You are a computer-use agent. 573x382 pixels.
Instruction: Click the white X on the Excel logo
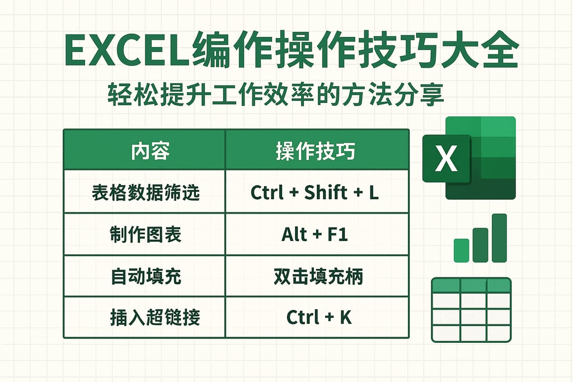click(446, 159)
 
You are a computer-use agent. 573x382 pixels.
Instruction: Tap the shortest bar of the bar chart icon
click(461, 250)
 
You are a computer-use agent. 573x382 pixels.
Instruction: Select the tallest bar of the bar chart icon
click(499, 238)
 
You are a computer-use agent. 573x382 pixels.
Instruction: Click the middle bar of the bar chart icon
click(480, 244)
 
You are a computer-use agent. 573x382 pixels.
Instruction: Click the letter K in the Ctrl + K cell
click(346, 318)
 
